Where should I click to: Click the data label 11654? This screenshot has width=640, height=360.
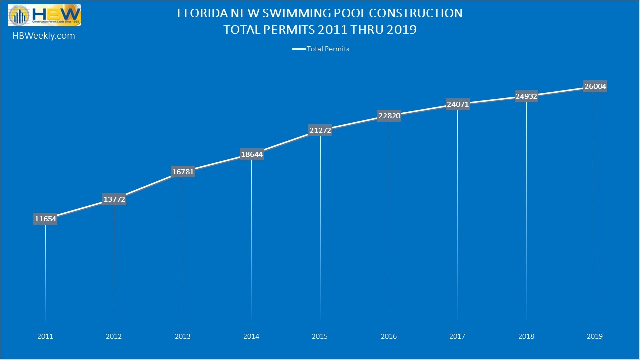tap(45, 219)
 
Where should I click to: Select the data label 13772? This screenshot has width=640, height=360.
tap(114, 199)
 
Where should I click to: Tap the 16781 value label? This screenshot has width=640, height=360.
tap(183, 172)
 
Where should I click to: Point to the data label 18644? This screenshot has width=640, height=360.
tap(251, 155)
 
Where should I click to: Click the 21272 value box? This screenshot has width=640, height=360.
tap(320, 130)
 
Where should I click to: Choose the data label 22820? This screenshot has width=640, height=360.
tap(389, 116)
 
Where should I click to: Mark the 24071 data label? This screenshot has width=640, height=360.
tap(457, 104)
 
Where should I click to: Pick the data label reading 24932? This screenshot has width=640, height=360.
tap(526, 96)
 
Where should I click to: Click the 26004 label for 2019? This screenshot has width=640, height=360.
tap(595, 87)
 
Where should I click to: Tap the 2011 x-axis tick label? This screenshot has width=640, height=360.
tap(45, 336)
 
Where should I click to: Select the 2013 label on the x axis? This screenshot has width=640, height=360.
tap(183, 336)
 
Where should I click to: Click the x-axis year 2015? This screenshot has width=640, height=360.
tap(320, 336)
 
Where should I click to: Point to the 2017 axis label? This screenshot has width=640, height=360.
tap(457, 336)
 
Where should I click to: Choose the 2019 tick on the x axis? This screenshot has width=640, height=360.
tap(595, 336)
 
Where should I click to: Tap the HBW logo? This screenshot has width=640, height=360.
tap(44, 15)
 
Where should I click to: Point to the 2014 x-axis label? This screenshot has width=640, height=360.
tap(251, 336)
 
